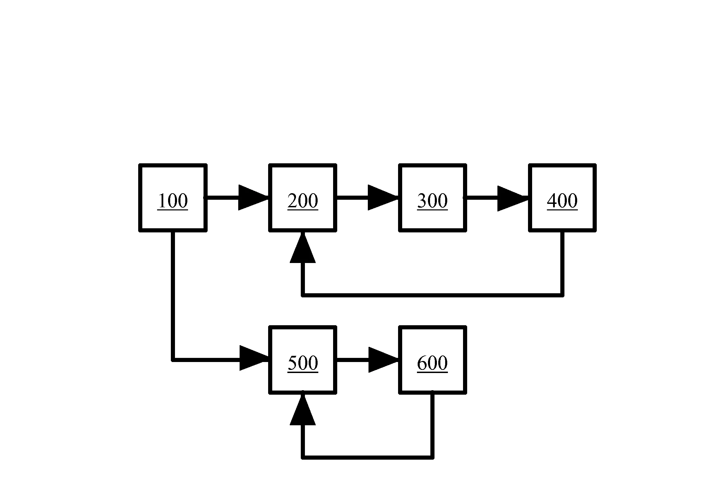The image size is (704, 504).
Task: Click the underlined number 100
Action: pos(173,201)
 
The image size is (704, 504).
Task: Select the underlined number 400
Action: pos(562,201)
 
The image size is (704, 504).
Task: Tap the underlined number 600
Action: pos(432,363)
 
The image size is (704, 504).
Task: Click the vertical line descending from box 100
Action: pos(173,296)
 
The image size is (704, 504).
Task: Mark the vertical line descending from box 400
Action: pos(562,263)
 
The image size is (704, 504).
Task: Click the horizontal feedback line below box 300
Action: pos(432,295)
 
